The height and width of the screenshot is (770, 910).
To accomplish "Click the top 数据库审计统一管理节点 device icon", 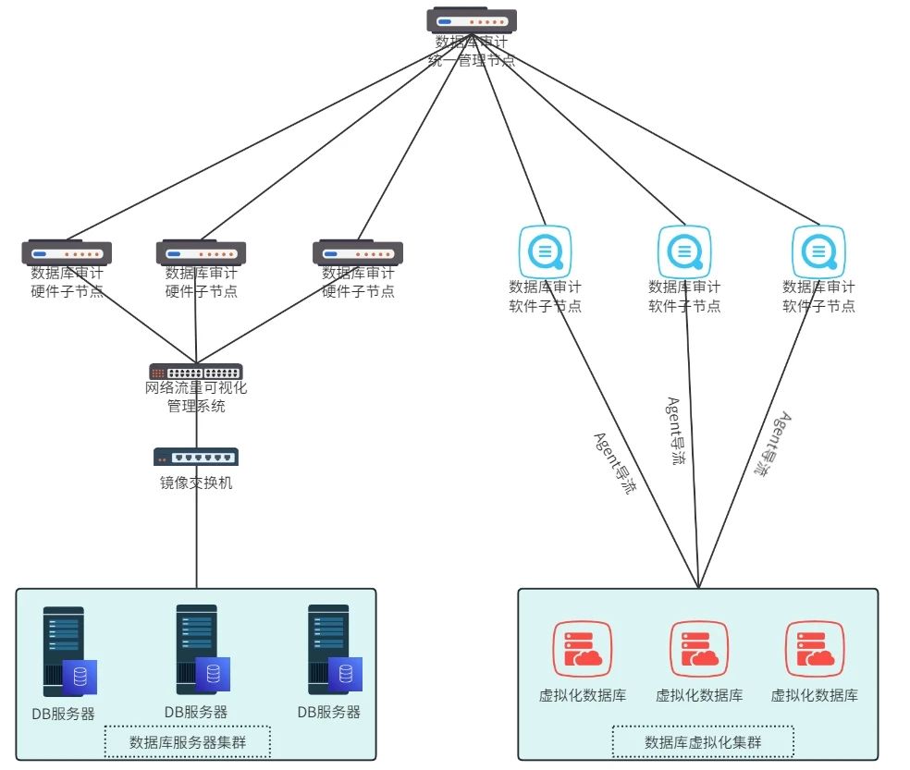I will point(472,20).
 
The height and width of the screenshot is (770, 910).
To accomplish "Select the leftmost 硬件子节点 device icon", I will point(67,252).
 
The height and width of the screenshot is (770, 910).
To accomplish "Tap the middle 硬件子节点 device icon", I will point(201,252).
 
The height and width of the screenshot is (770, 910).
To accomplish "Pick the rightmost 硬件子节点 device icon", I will point(358,252).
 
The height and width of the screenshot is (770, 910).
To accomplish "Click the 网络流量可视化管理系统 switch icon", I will point(196,372).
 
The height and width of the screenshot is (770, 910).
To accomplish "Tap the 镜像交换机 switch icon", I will point(196,457).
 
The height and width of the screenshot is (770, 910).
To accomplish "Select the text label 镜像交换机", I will point(196,482).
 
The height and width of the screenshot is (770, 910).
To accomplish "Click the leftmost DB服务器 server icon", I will point(68,653).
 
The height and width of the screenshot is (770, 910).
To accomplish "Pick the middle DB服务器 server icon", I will point(200,651).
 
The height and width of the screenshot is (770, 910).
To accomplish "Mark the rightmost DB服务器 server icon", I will point(332,651).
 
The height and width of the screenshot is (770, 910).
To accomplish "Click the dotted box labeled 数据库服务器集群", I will point(187,741).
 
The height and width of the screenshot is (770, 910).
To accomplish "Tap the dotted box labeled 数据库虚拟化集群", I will point(703,741).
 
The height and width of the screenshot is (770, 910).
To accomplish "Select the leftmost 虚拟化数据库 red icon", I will point(583,649).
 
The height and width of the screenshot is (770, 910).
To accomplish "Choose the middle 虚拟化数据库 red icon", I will point(699,649).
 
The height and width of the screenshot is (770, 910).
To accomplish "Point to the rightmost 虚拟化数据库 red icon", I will point(815,649).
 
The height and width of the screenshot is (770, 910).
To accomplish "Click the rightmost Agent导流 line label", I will point(772,444).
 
